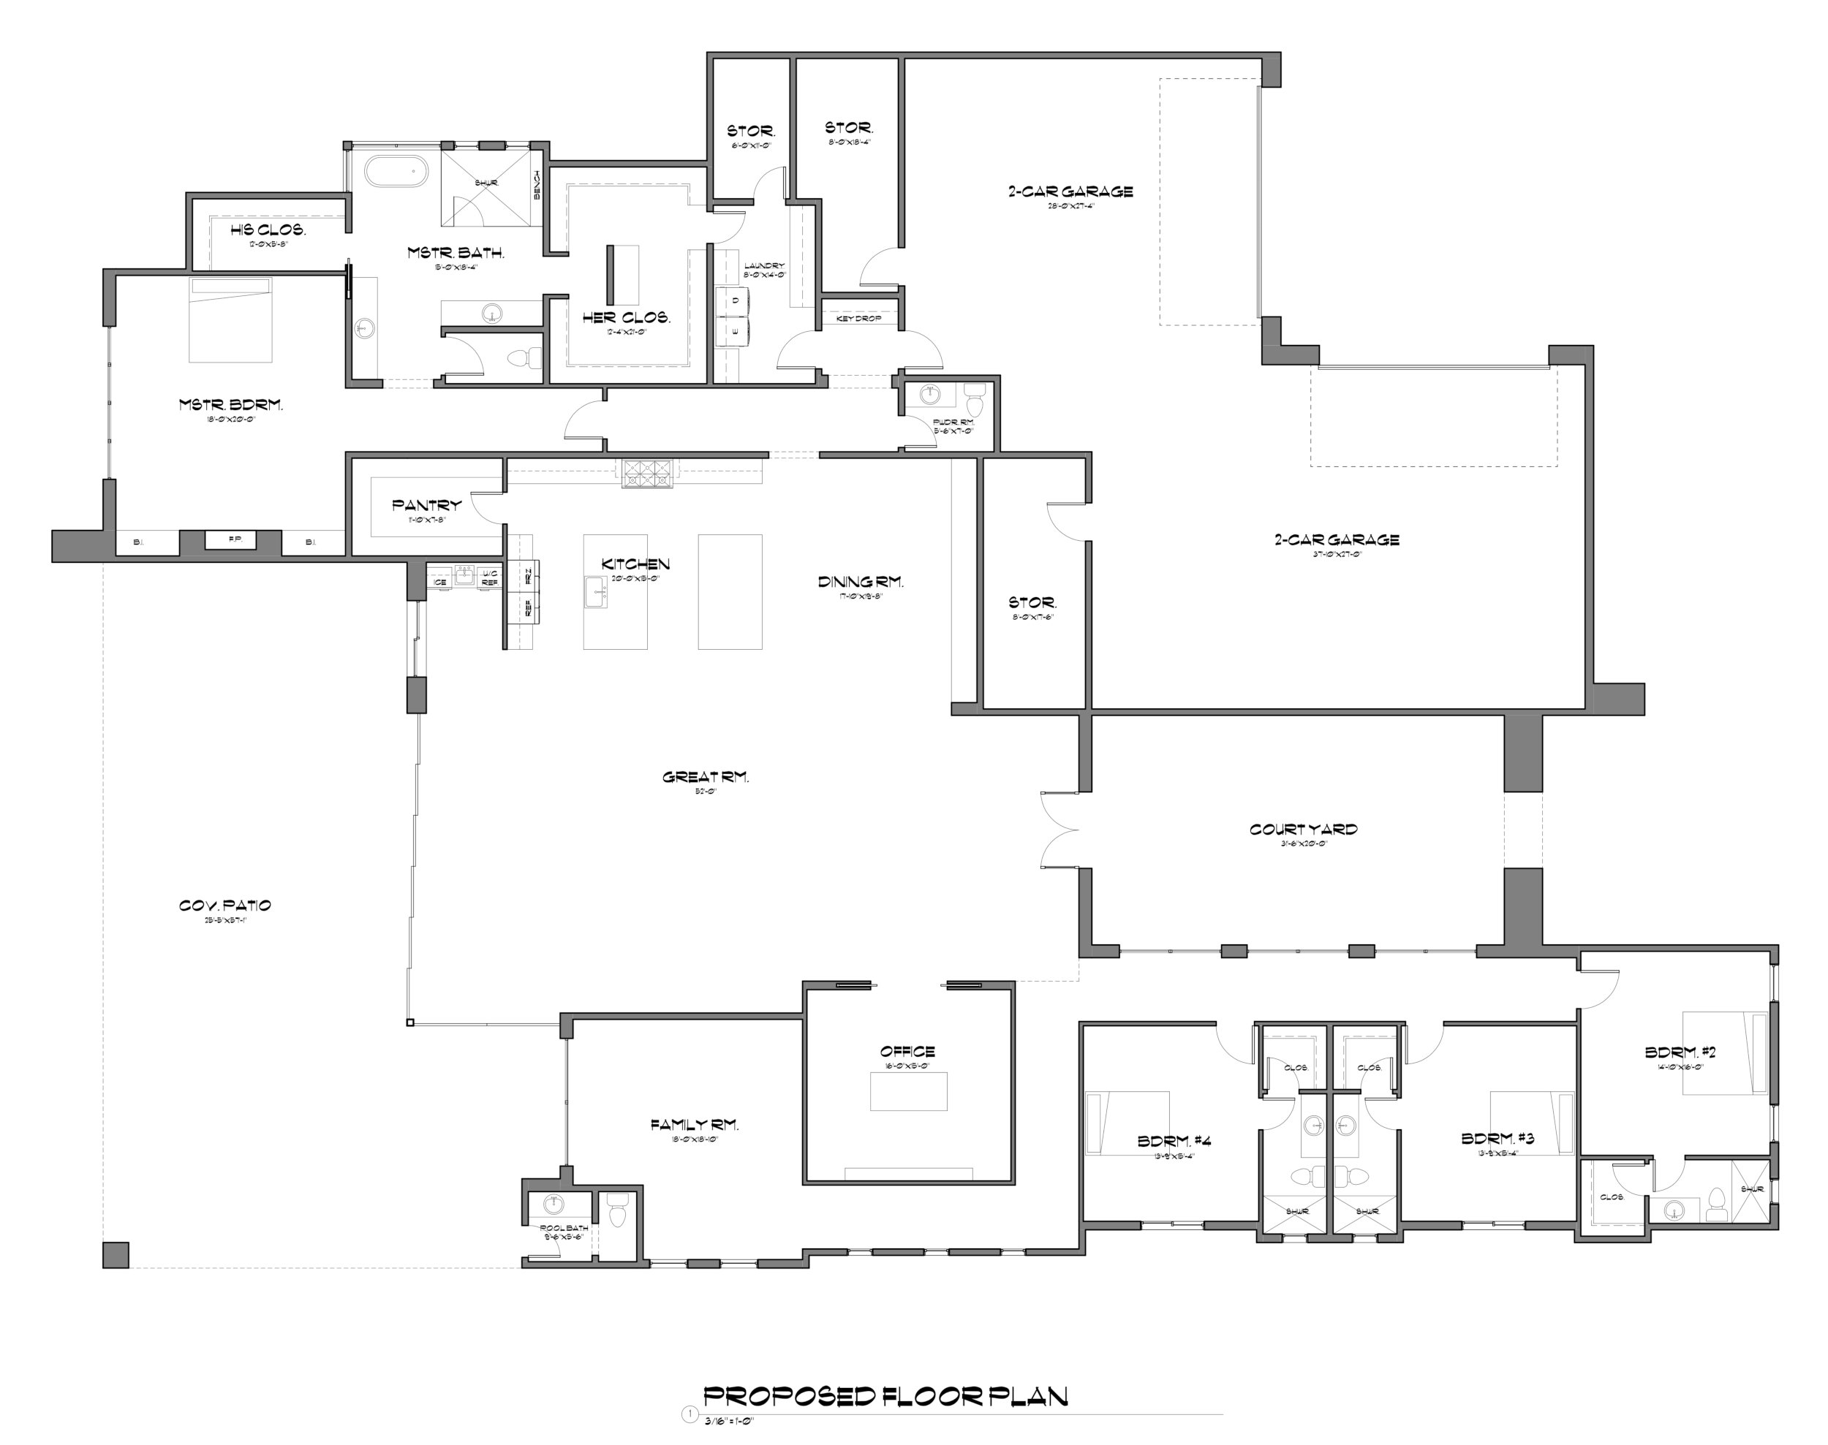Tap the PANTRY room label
pos(426,505)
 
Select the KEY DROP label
pos(858,318)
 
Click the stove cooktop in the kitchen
pos(649,474)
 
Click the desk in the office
pos(908,1091)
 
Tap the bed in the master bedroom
pos(231,320)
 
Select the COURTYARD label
pos(1302,829)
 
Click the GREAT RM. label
pos(705,777)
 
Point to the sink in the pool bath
pos(554,1205)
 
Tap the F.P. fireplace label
pos(235,538)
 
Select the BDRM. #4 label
pos(1173,1140)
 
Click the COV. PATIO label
pos(224,906)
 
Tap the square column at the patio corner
pos(116,1255)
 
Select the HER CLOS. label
pos(625,318)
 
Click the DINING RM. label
pos(860,581)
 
